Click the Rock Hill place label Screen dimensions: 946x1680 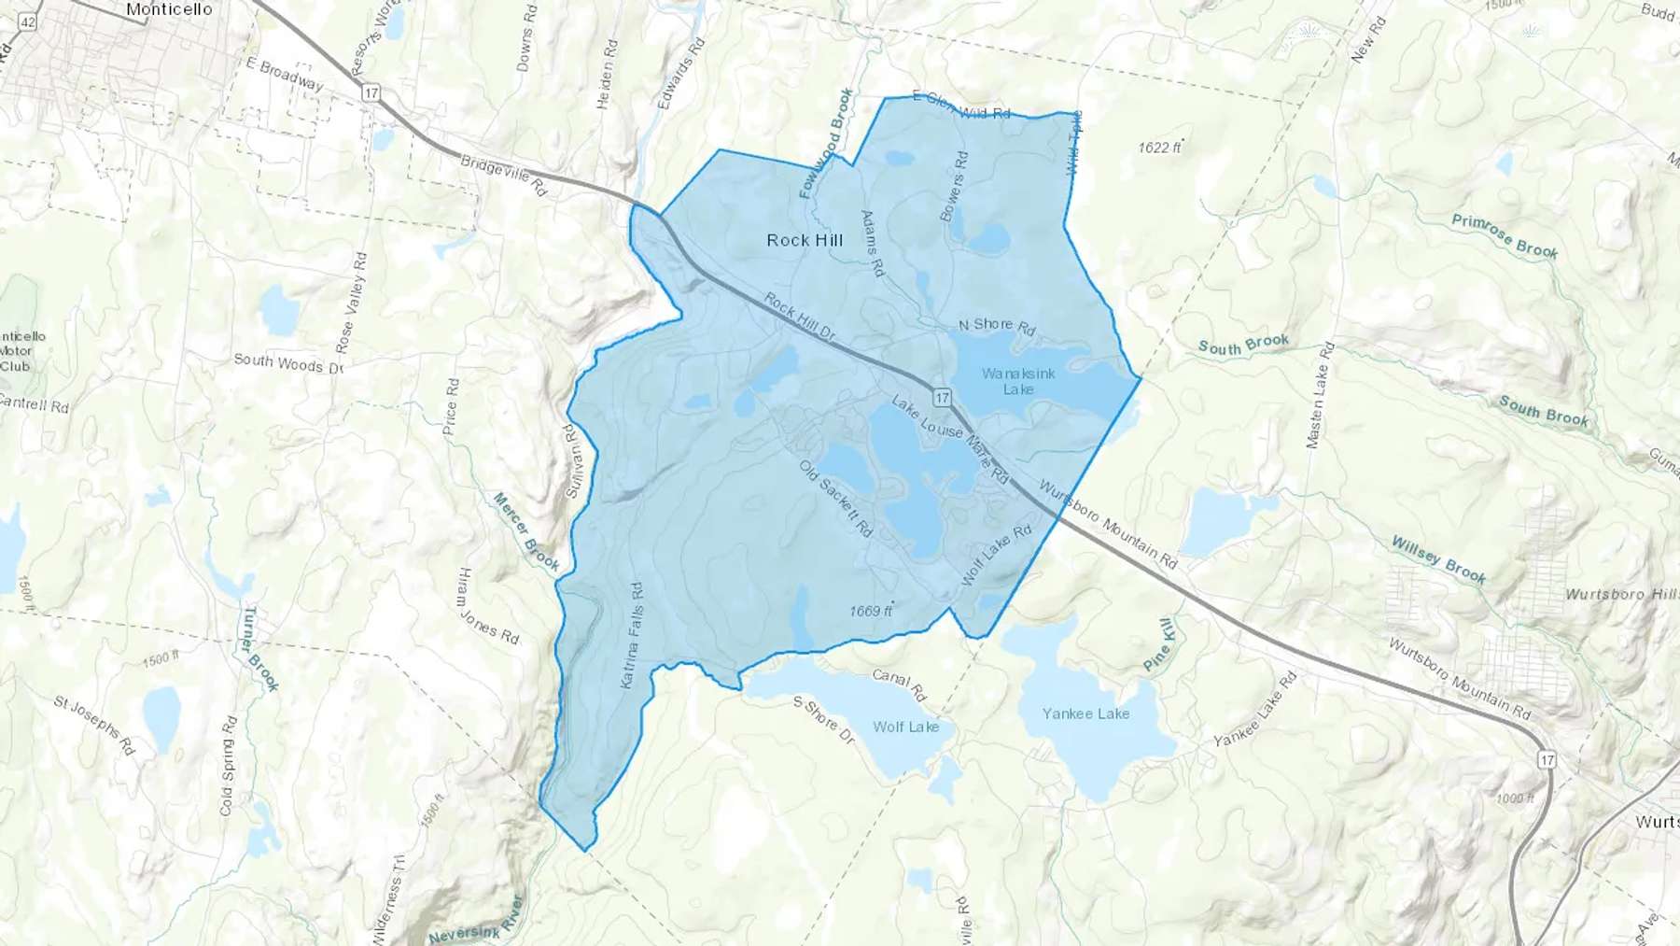pyautogui.click(x=805, y=240)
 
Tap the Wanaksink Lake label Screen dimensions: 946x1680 pyautogui.click(x=1018, y=381)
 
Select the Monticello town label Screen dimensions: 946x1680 pyautogui.click(x=169, y=9)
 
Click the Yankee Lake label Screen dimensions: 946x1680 pyautogui.click(x=1085, y=713)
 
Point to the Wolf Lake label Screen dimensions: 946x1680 pyautogui.click(x=905, y=727)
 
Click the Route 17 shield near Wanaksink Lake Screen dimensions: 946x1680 pyautogui.click(x=942, y=398)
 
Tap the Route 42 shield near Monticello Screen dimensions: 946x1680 pyautogui.click(x=28, y=21)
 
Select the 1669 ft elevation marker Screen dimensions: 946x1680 pyautogui.click(x=871, y=611)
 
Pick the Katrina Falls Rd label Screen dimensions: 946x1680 pyautogui.click(x=633, y=636)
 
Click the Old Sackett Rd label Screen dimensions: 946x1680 pyautogui.click(x=836, y=498)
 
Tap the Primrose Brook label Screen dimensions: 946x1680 pyautogui.click(x=1505, y=235)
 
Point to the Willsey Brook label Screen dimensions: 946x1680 pyautogui.click(x=1438, y=559)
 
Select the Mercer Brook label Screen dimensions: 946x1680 pyautogui.click(x=526, y=531)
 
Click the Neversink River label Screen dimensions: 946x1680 pyautogui.click(x=476, y=922)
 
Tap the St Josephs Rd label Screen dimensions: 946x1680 pyautogui.click(x=94, y=726)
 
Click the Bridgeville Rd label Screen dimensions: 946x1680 pyautogui.click(x=504, y=175)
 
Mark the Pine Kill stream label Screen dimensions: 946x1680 pyautogui.click(x=1158, y=644)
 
